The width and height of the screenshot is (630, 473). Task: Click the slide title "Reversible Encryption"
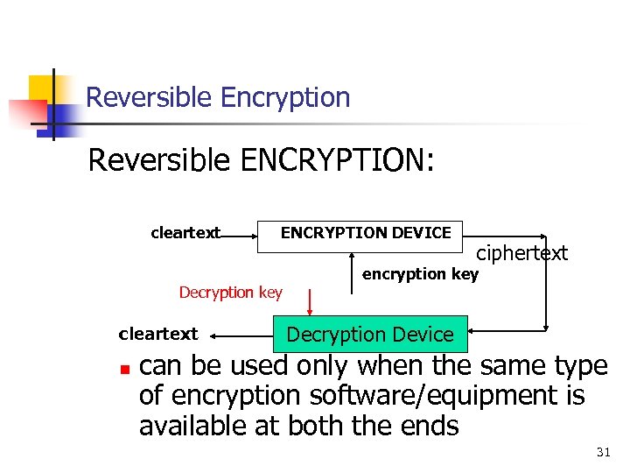[x=218, y=97]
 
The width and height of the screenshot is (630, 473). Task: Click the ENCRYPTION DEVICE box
[x=365, y=233]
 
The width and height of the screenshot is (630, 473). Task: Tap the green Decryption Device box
[x=370, y=334]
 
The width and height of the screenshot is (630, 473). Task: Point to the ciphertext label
[x=521, y=253]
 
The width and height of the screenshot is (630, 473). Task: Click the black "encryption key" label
[x=420, y=274]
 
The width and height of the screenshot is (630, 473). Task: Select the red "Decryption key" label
[x=231, y=292]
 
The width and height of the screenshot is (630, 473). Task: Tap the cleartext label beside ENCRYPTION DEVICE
[x=185, y=233]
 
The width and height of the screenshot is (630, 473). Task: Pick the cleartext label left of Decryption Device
[x=158, y=334]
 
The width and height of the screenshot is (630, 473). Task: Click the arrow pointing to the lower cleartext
[x=241, y=335]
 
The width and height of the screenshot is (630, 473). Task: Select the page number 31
[x=603, y=452]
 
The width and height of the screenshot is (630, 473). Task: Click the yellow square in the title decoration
[x=42, y=89]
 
